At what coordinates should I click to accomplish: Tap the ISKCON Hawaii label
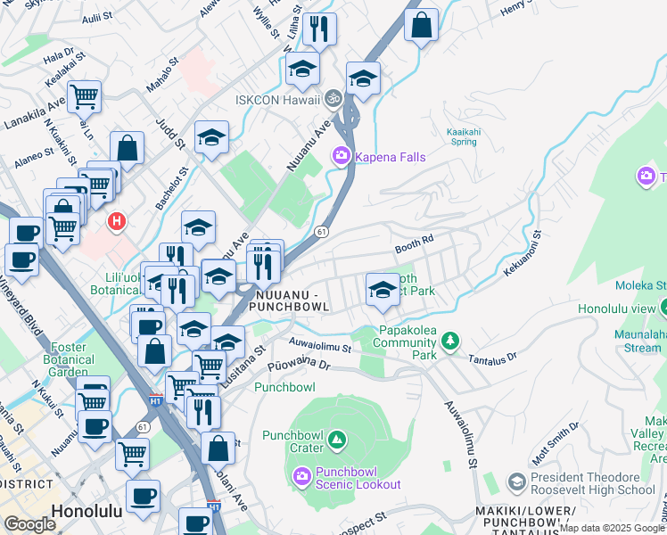point(277,99)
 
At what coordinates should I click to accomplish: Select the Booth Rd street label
point(414,241)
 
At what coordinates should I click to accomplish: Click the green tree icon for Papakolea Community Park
point(451,341)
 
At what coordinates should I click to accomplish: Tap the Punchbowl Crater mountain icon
point(336,439)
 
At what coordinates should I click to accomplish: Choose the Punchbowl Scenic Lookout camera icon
point(302,478)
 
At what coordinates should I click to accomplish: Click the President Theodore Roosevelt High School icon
point(516,483)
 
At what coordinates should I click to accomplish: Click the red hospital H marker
point(115,221)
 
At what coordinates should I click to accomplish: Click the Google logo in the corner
point(30,524)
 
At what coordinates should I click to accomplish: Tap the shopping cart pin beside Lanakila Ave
point(84,95)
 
